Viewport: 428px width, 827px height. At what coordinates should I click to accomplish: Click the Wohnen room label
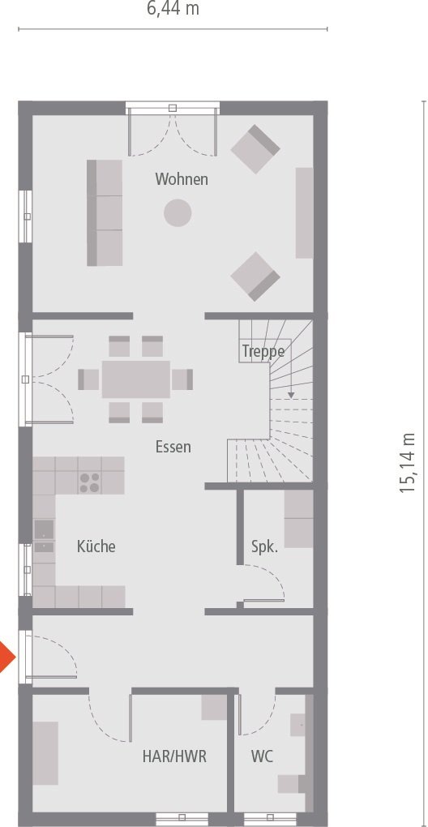[182, 179]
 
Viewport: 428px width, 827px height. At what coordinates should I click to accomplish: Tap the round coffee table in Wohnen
[178, 213]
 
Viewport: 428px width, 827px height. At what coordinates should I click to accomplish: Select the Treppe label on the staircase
[263, 352]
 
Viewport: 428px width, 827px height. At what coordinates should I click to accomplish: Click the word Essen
[173, 446]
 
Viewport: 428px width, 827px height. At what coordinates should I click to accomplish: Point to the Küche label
[96, 546]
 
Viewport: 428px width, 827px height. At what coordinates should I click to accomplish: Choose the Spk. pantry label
[264, 546]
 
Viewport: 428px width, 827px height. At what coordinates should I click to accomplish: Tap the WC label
[262, 756]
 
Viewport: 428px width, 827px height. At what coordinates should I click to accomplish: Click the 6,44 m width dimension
[173, 10]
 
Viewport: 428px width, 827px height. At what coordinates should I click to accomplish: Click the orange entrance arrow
[6, 655]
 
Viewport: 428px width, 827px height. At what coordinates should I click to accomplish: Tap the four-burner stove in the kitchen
[89, 482]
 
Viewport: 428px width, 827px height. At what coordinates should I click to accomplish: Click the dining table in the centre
[136, 379]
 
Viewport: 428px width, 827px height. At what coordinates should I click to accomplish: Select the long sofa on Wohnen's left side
[105, 212]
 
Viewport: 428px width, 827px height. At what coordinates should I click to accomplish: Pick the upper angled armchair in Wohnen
[255, 149]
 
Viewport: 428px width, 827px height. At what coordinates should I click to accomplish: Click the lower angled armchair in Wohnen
[255, 276]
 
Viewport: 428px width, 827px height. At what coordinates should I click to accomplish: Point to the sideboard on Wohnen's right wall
[304, 212]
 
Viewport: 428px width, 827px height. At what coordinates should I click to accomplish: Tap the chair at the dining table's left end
[88, 379]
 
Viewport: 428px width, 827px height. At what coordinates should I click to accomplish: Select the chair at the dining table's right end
[183, 379]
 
